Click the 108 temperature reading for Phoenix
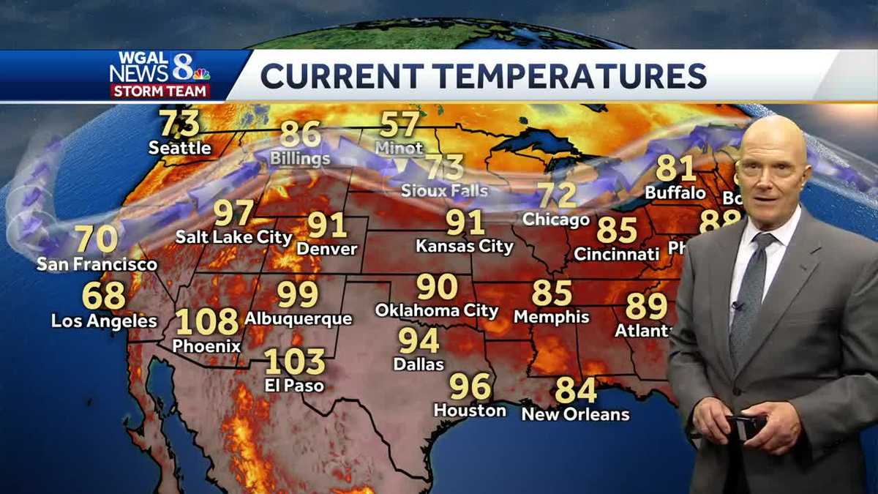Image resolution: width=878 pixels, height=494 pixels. (207, 321)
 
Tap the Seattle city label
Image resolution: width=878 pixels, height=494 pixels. (179, 148)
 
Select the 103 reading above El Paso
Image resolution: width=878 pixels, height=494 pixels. (294, 361)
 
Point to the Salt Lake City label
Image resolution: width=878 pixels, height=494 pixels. (233, 237)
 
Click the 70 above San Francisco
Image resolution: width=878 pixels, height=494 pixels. (96, 239)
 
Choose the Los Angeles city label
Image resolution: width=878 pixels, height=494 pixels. (104, 321)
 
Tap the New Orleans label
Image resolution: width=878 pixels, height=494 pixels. (575, 414)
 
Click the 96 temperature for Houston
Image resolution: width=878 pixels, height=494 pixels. (470, 386)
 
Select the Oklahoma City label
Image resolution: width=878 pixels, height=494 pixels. (436, 310)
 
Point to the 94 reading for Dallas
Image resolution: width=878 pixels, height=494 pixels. (419, 340)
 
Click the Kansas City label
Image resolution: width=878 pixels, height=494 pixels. (465, 246)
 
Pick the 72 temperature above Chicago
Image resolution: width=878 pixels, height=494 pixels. (557, 195)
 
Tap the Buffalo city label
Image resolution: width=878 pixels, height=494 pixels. (675, 193)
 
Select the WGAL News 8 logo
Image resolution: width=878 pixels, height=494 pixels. (160, 74)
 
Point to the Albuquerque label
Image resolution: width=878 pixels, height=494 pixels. (298, 319)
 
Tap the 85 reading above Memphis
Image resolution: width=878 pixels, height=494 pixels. (552, 293)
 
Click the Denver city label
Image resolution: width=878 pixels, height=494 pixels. (327, 249)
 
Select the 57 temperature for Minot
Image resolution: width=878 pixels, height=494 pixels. (399, 124)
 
